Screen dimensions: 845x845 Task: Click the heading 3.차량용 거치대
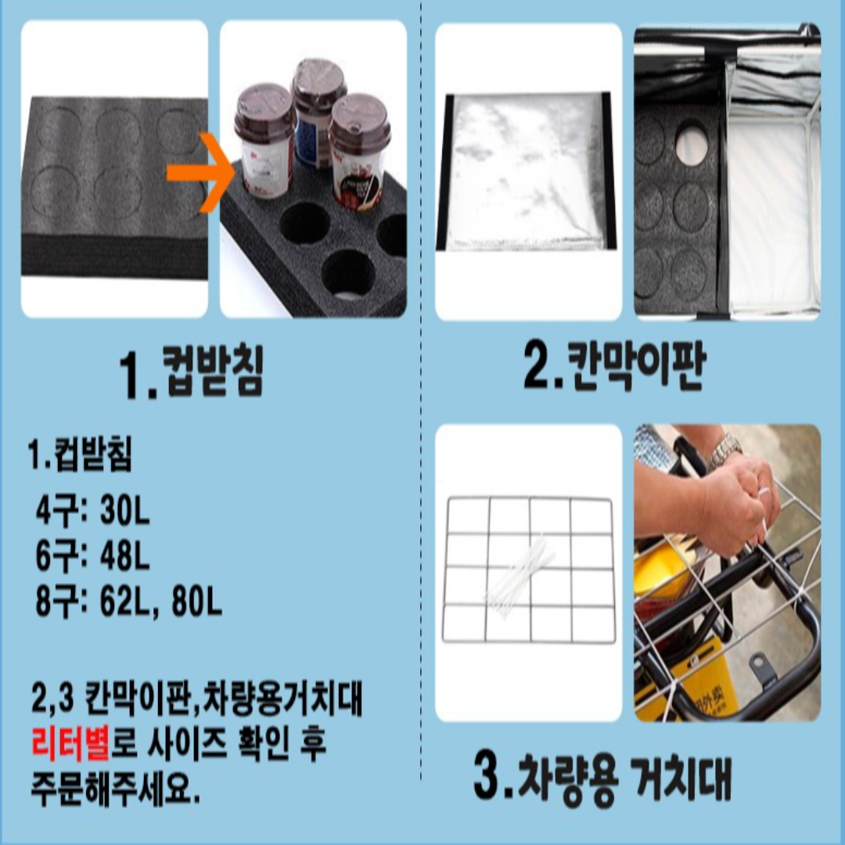(602, 775)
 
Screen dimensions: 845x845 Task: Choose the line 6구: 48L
(92, 557)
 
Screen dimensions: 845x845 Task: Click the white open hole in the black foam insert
(691, 143)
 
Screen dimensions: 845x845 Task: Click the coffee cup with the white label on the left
(264, 141)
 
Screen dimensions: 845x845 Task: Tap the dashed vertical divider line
(422, 391)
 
